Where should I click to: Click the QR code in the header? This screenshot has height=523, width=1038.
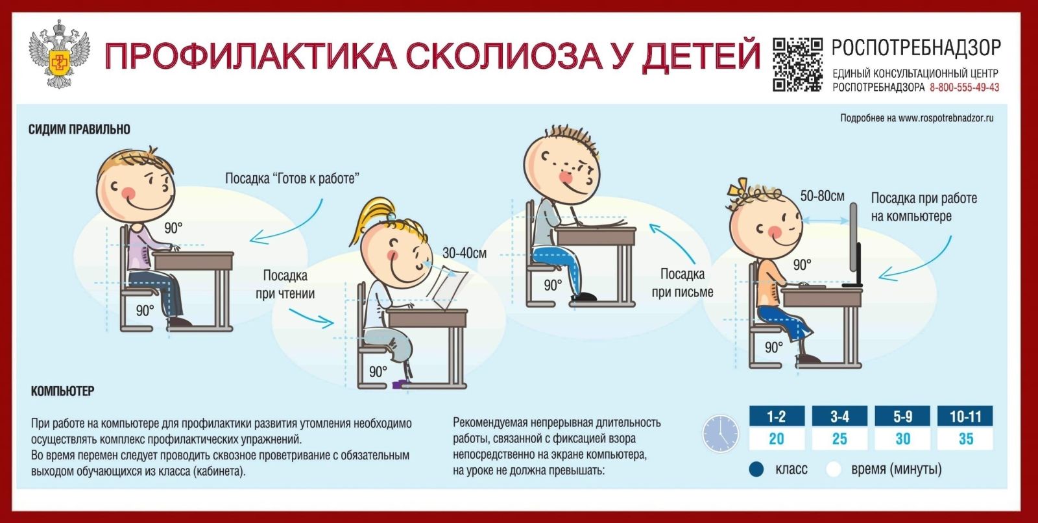point(797,64)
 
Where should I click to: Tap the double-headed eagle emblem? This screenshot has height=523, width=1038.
point(58,55)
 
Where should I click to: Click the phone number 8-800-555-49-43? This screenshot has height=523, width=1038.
point(964,87)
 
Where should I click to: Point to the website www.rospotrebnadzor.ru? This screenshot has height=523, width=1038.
point(946,118)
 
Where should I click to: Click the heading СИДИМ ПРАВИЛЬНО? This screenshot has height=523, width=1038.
point(79,129)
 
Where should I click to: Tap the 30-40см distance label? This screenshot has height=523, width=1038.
point(465,253)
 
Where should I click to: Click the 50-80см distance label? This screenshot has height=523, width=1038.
point(823,196)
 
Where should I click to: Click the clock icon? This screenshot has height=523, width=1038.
point(721,433)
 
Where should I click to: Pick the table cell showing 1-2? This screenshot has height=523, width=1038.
point(777,417)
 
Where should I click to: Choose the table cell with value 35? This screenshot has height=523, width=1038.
point(965,439)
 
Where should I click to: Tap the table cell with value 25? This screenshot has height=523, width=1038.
point(839,439)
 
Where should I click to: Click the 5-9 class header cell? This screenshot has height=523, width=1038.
point(902,417)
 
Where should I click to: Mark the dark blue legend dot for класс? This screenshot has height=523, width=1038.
point(756,469)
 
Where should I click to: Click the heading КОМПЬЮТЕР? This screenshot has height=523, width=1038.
point(62,391)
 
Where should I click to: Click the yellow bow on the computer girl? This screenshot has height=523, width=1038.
point(737,188)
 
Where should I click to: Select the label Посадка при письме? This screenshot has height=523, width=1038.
point(682,283)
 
